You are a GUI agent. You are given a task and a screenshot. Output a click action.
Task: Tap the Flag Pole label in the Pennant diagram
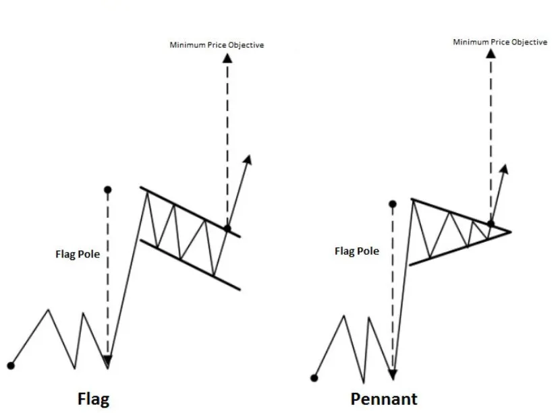click(x=357, y=251)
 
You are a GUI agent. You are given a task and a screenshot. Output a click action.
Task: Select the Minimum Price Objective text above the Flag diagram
click(x=216, y=45)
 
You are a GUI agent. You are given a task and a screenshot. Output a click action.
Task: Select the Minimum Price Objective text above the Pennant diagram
click(x=499, y=42)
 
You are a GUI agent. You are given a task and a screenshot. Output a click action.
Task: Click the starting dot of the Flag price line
click(x=10, y=366)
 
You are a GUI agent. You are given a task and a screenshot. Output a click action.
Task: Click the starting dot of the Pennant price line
click(x=314, y=377)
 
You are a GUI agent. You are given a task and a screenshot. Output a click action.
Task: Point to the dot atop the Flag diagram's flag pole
click(x=108, y=190)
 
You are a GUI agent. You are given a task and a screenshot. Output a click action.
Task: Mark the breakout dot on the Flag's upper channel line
click(x=227, y=229)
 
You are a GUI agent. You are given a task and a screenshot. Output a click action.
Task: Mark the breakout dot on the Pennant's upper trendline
click(x=491, y=223)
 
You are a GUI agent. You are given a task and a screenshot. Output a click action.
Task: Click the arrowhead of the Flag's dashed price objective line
click(x=227, y=58)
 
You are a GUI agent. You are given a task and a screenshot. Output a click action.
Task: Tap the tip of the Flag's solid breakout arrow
click(x=249, y=158)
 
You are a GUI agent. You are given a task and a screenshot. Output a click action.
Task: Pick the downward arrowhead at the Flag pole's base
click(x=108, y=362)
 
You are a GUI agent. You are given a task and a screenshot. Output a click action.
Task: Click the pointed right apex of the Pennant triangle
click(x=511, y=232)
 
